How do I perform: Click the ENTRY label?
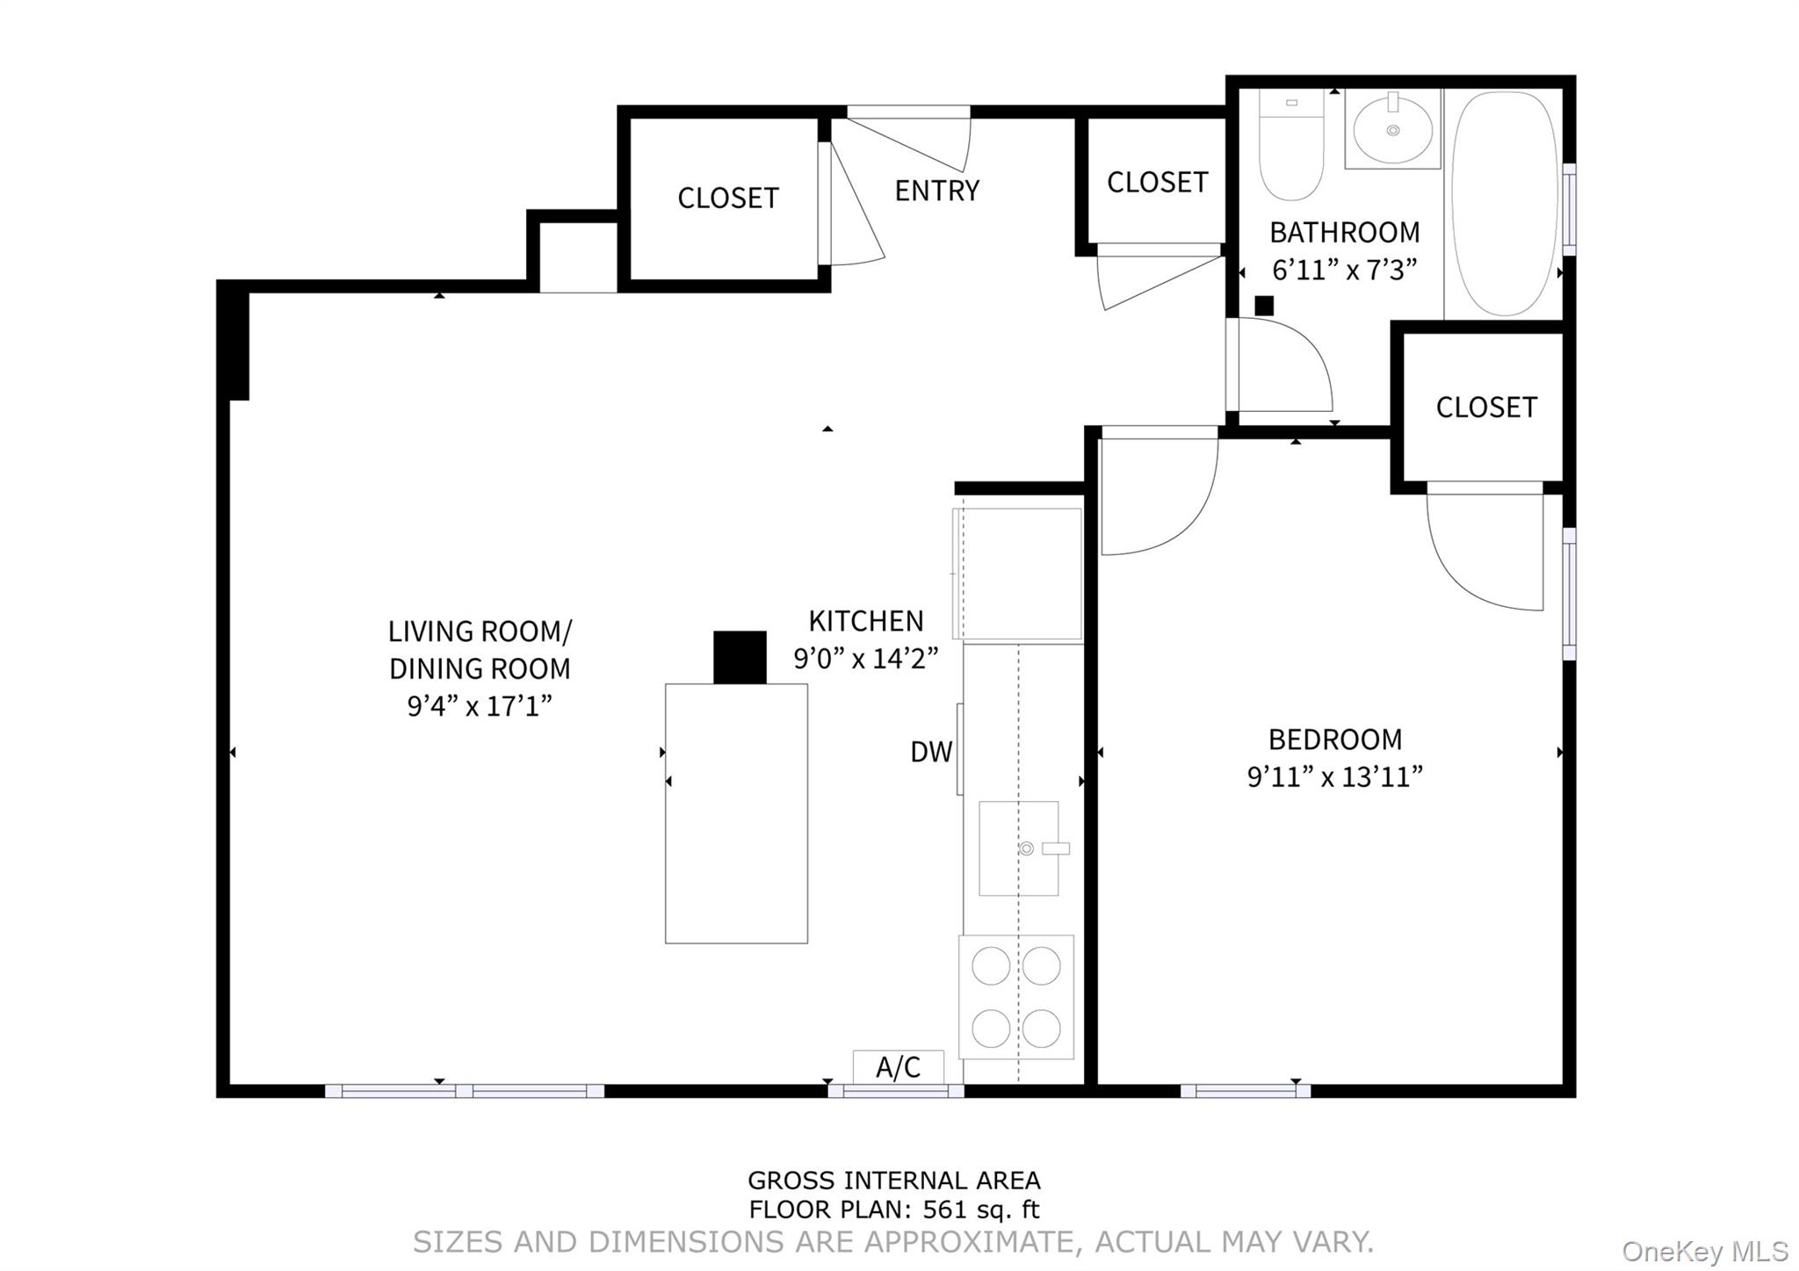936,191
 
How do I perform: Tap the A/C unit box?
898,1067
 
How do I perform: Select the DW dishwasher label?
930,752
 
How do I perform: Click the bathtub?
1504,204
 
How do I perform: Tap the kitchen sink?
1018,848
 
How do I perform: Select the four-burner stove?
1016,997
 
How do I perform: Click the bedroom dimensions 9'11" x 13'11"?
1334,777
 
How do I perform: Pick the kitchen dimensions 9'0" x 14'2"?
865,659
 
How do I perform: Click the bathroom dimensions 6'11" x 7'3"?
1344,270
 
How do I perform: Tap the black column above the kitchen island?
740,657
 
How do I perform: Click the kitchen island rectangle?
736,813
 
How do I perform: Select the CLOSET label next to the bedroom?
1485,408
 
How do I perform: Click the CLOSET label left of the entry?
727,199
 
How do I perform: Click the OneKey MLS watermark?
1704,1251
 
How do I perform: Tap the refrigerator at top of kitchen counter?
1019,574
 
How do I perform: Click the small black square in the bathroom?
1264,306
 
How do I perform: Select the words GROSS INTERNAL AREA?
893,1181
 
